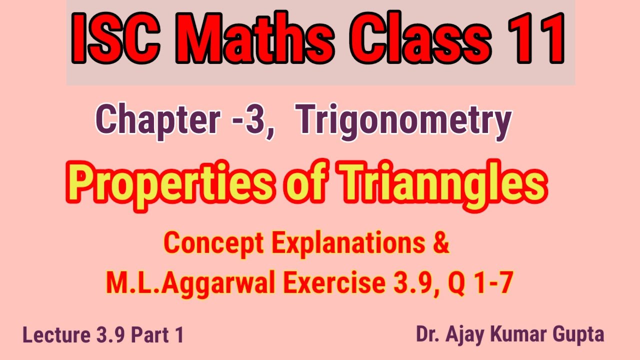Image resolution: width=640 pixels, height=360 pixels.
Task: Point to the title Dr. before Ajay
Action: click(427, 334)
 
